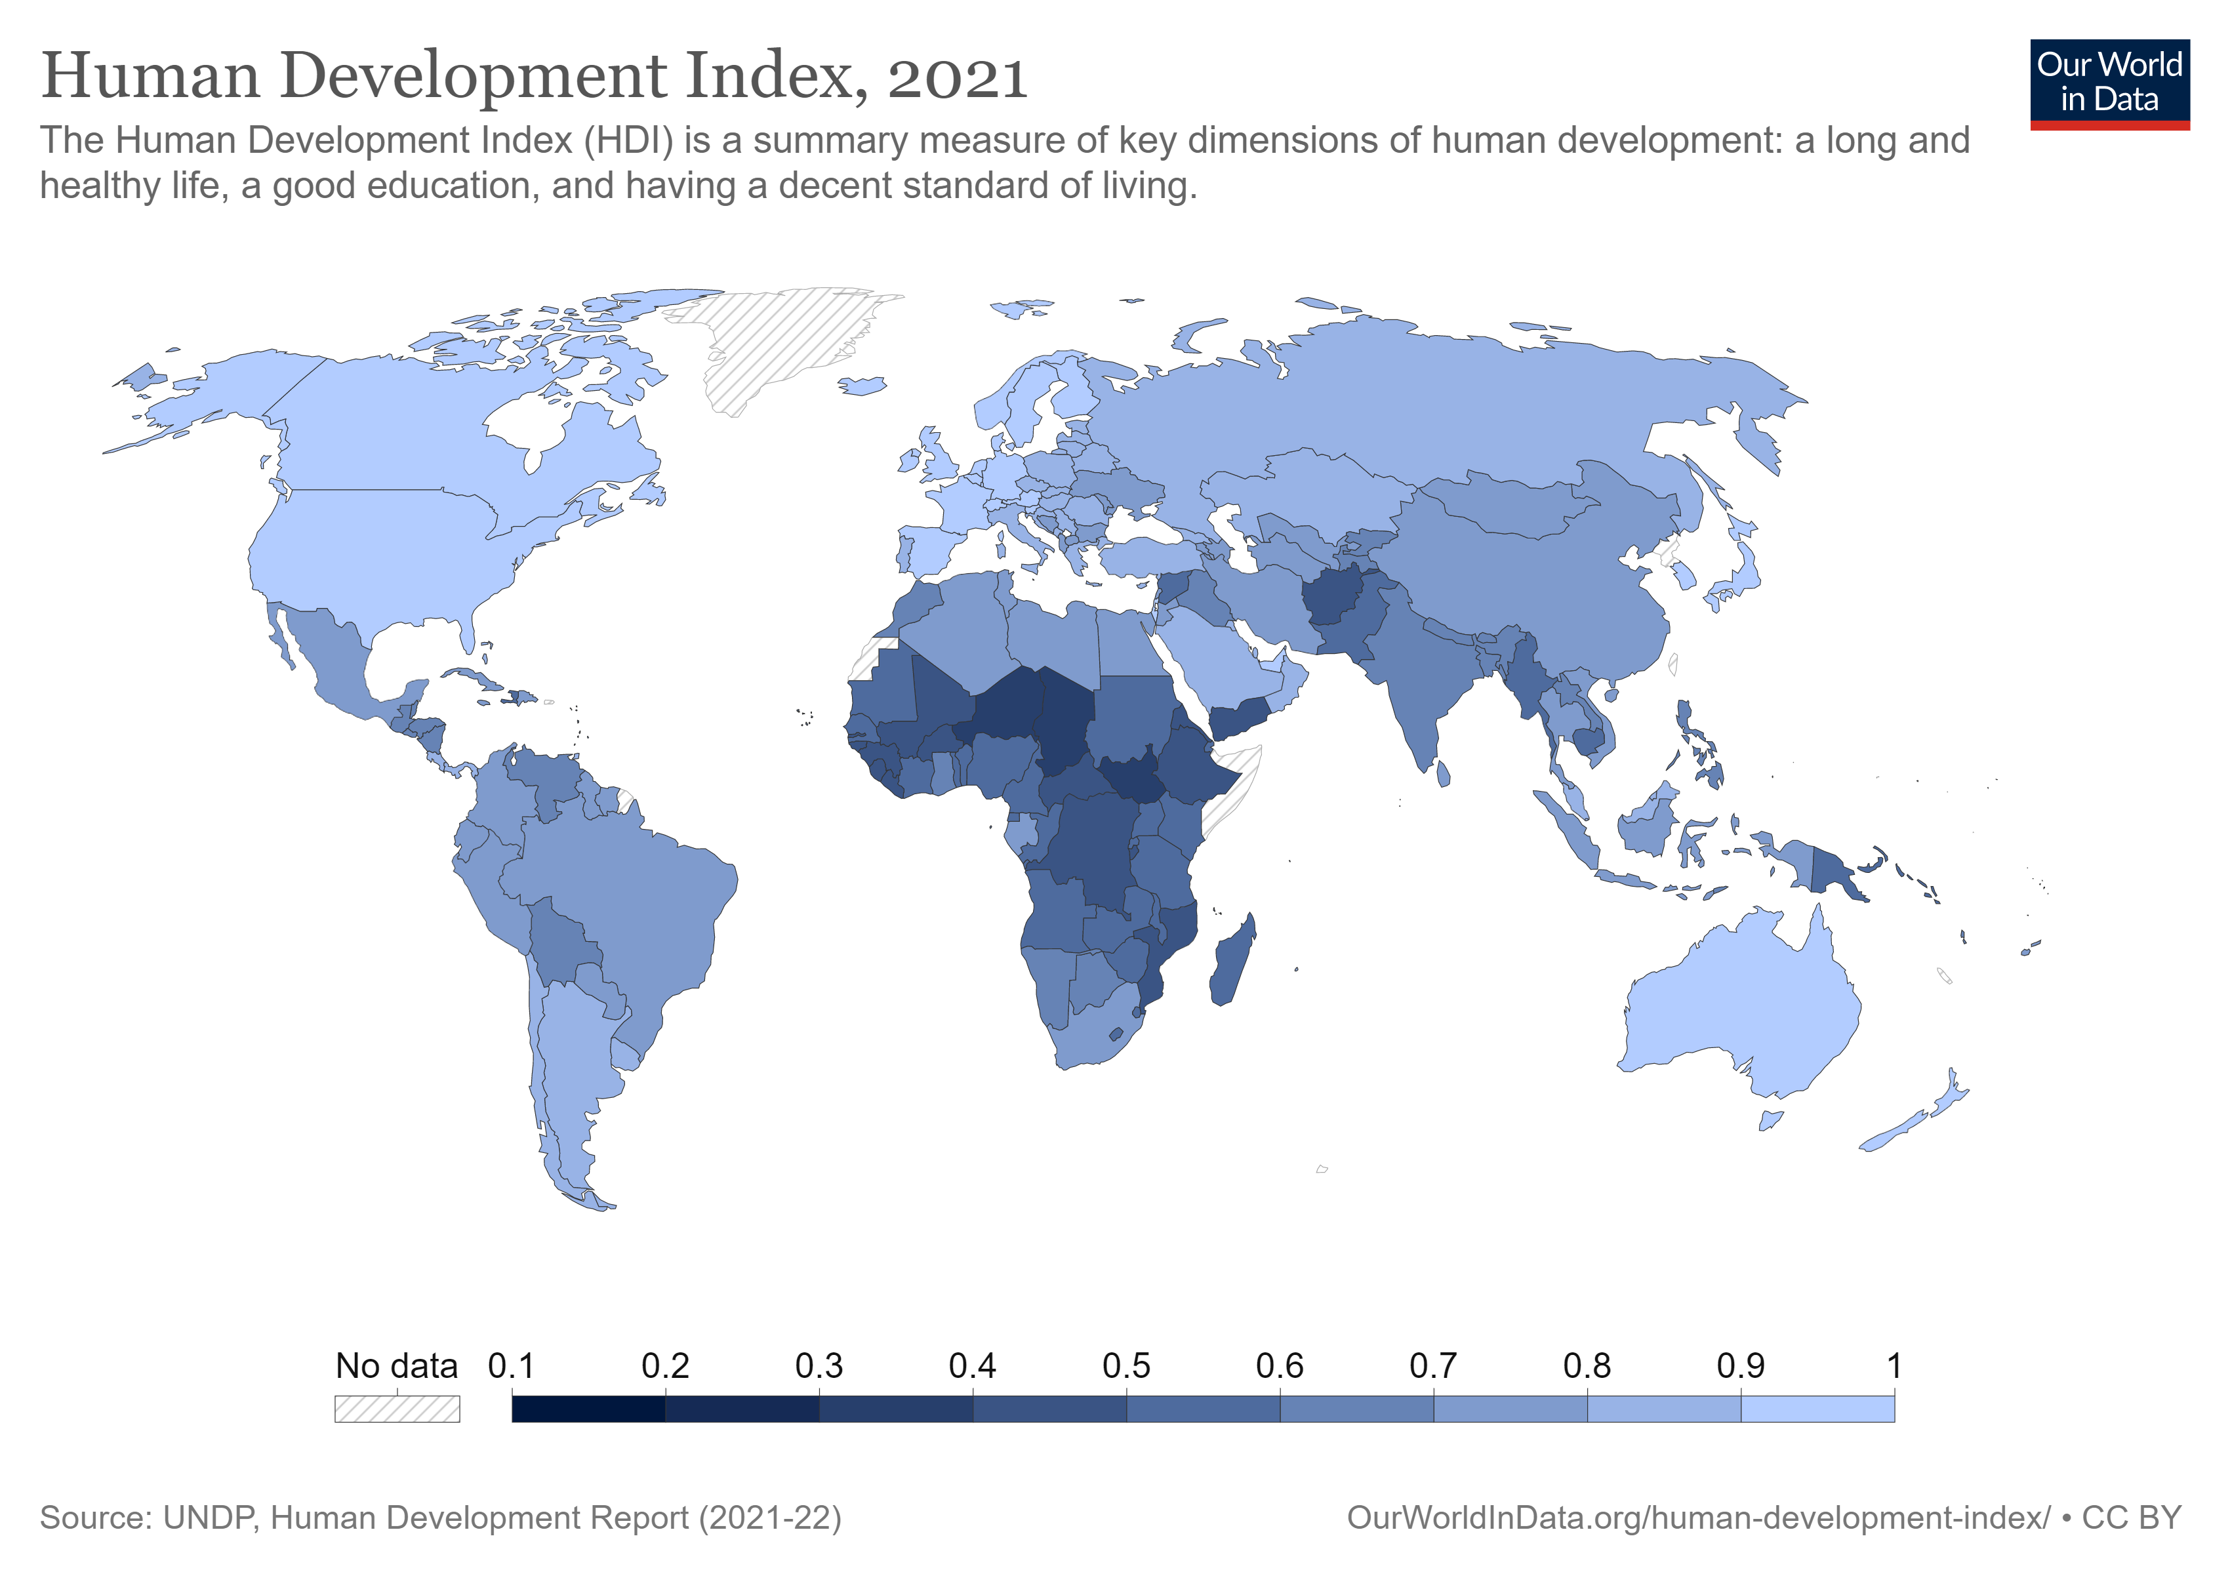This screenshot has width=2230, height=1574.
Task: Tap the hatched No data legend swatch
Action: [x=397, y=1409]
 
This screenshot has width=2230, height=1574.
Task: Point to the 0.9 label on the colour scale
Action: [x=1741, y=1366]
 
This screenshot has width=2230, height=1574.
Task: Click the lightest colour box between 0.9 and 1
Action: [x=1817, y=1409]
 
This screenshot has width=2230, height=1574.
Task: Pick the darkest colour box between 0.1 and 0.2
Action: [x=588, y=1409]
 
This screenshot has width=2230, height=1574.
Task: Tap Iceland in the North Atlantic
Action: [x=862, y=386]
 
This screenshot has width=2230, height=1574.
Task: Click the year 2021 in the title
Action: [x=957, y=77]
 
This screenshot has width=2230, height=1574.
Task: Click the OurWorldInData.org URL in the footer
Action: [x=1699, y=1518]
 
